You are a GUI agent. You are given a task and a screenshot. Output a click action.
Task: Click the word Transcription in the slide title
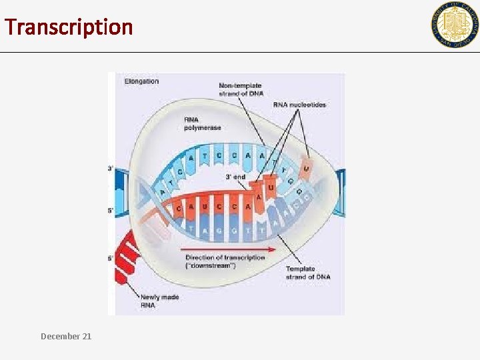click(x=69, y=27)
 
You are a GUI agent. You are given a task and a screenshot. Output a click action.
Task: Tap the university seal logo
click(x=454, y=25)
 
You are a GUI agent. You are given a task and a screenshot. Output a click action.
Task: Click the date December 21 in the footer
click(x=66, y=337)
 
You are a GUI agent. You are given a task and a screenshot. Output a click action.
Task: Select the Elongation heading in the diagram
click(x=141, y=81)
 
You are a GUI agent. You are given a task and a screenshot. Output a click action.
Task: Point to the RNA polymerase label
click(x=202, y=123)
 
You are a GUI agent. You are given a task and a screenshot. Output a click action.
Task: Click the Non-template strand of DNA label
click(x=240, y=89)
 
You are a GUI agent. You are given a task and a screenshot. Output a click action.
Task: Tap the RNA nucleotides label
click(x=299, y=105)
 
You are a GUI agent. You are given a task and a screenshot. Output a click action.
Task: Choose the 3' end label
click(x=235, y=177)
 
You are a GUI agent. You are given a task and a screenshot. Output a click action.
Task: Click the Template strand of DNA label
click(x=307, y=273)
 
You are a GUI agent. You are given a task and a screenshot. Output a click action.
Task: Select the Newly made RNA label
click(x=159, y=301)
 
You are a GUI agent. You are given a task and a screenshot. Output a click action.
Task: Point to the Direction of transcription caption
click(x=225, y=261)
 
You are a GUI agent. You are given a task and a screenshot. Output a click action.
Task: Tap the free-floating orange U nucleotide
click(x=306, y=168)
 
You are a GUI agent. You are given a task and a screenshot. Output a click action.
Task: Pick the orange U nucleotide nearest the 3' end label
click(x=270, y=187)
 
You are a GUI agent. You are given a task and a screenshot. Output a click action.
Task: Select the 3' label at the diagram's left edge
click(x=110, y=169)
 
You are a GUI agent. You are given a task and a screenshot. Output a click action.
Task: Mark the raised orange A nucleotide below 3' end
click(x=258, y=197)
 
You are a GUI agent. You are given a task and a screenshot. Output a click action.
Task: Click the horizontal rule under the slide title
click(x=240, y=52)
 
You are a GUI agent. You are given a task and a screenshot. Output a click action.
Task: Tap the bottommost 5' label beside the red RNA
click(x=110, y=258)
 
